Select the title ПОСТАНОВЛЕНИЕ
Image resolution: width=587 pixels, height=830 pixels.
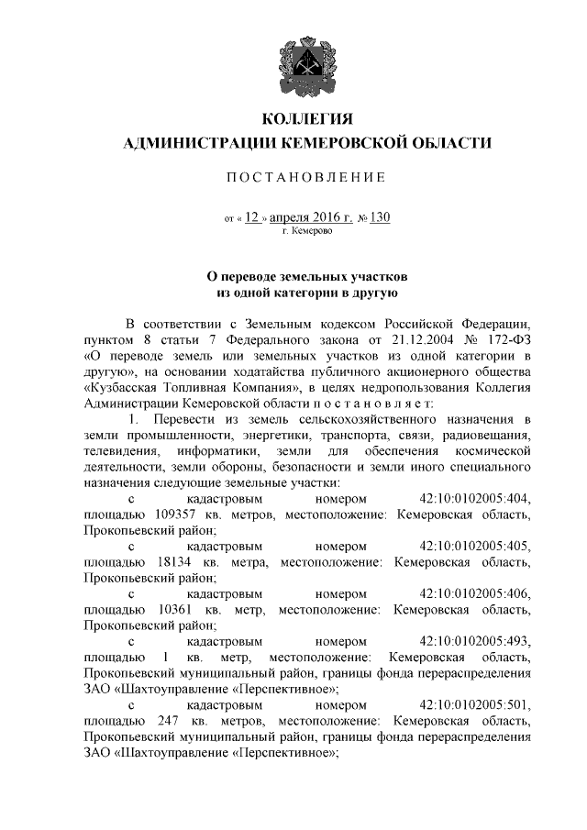click(x=307, y=177)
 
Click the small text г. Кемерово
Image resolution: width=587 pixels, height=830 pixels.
click(x=307, y=232)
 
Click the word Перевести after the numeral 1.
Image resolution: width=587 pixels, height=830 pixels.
click(x=183, y=419)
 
